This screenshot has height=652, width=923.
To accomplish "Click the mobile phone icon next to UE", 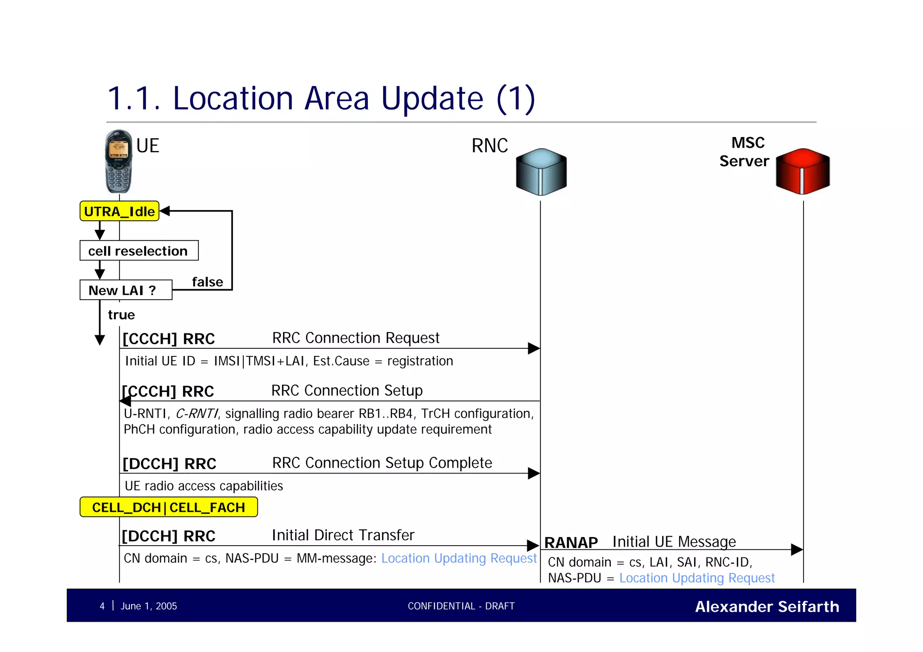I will pyautogui.click(x=119, y=161).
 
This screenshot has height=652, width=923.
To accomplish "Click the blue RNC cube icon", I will pyautogui.click(x=541, y=172).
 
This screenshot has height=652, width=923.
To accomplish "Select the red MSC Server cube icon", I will pyautogui.click(x=803, y=171).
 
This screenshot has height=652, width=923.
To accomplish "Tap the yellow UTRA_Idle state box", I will pyautogui.click(x=119, y=211).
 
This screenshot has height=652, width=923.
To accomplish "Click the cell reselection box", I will pyautogui.click(x=139, y=251).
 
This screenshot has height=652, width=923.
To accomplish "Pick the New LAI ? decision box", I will pyautogui.click(x=126, y=290).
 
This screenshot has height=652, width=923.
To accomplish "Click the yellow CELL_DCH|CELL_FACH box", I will pyautogui.click(x=169, y=507).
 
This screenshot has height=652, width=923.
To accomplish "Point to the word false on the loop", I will pyautogui.click(x=207, y=282).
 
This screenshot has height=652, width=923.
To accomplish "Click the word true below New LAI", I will pyautogui.click(x=121, y=315).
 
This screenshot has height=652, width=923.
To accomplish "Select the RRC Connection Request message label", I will pyautogui.click(x=356, y=338).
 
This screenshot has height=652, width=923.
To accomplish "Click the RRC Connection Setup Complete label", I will pyautogui.click(x=382, y=463).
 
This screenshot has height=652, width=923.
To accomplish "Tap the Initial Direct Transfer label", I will pyautogui.click(x=343, y=535).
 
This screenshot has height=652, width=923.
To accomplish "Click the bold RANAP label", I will pyautogui.click(x=571, y=543).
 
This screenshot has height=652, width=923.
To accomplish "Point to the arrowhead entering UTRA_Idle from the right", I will pyautogui.click(x=165, y=211).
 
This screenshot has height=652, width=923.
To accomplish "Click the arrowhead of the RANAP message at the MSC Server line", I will pyautogui.click(x=797, y=550).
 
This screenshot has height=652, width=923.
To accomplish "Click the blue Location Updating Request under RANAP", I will pyautogui.click(x=697, y=578).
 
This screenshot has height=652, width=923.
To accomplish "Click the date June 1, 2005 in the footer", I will pyautogui.click(x=149, y=606).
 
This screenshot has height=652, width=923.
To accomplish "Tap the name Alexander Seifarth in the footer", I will pyautogui.click(x=767, y=606).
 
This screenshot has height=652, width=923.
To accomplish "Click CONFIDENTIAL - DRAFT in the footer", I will pyautogui.click(x=461, y=606).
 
